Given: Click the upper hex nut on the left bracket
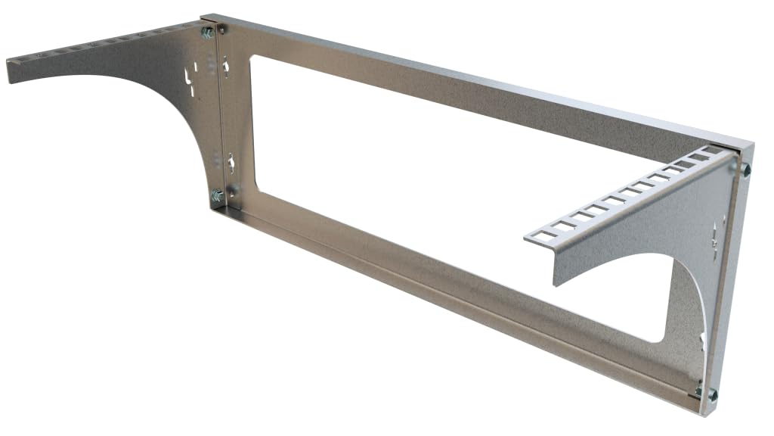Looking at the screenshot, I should [206, 32].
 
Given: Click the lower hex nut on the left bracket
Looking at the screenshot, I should [217, 196].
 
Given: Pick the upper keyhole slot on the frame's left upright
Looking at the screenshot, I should [226, 68].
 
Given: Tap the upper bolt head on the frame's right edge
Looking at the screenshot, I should [746, 169].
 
